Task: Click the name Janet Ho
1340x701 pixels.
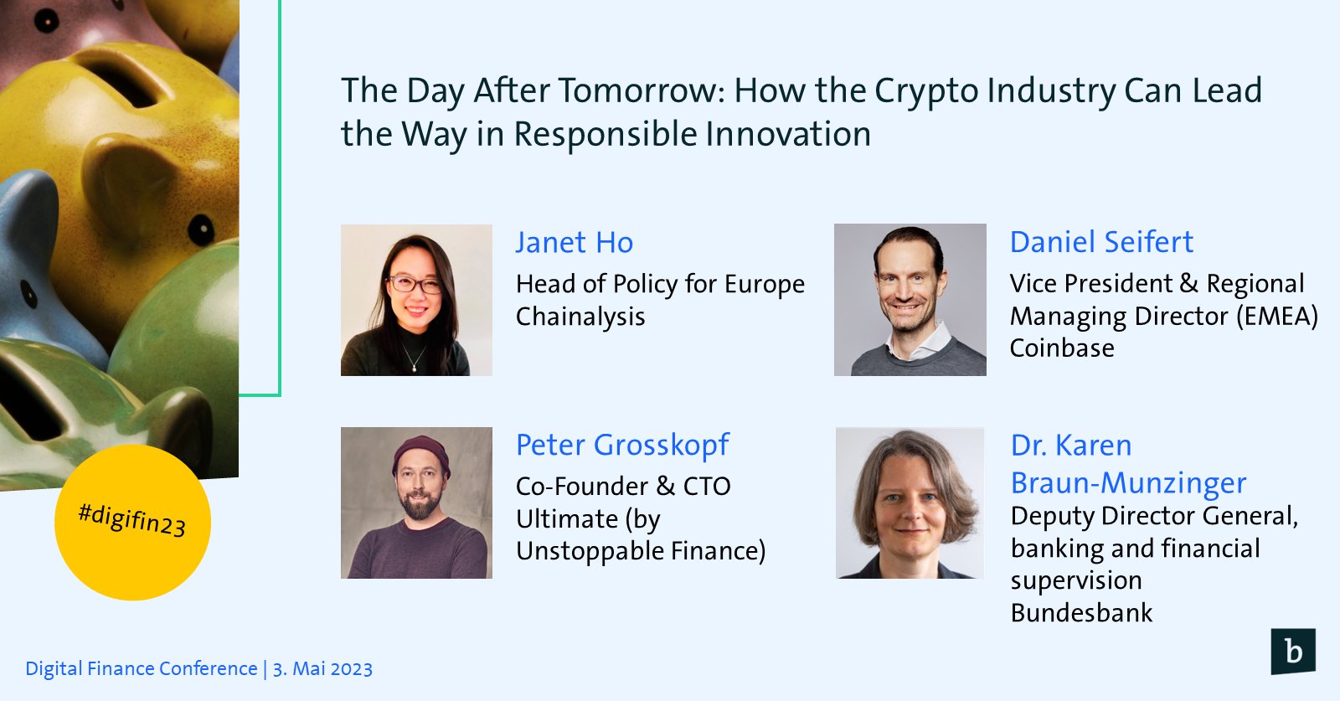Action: coord(575,243)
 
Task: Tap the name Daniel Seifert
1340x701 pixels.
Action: coord(1101,242)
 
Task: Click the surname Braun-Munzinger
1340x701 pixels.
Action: coord(1128,483)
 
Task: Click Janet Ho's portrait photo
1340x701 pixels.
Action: coord(416,301)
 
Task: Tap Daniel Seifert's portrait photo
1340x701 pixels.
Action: coord(910,300)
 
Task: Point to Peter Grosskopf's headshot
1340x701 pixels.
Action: coord(416,503)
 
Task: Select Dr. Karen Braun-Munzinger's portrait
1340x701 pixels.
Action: coord(910,503)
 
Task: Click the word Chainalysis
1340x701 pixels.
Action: coord(580,317)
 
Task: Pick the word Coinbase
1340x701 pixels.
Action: coord(1062,348)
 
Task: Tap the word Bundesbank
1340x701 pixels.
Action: coord(1081,613)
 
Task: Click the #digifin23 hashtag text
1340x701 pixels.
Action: coord(132,520)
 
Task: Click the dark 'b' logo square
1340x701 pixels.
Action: coord(1293,652)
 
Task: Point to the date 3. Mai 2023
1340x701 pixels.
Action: coord(322,668)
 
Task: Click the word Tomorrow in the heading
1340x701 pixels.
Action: coord(641,91)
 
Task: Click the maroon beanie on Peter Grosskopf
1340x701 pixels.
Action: coord(420,454)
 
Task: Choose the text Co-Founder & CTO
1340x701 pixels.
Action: coord(623,487)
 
